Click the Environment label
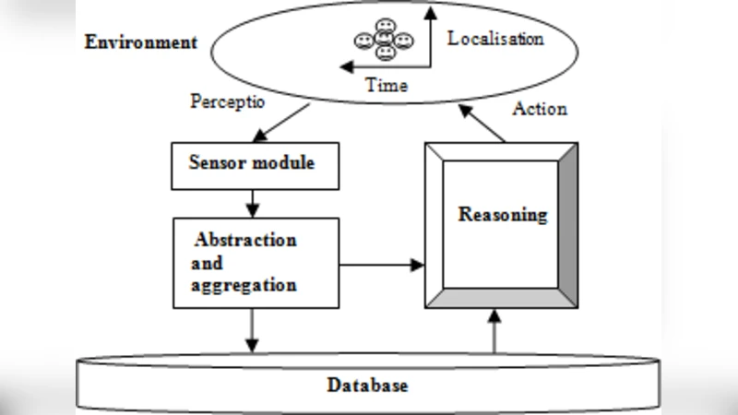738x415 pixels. coord(140,42)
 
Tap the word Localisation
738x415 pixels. coord(495,40)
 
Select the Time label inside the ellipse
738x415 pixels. coord(387,84)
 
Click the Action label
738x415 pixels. coord(539,109)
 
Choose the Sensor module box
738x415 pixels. coord(252,165)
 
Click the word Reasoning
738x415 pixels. coord(503,215)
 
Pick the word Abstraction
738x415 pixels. coord(245,240)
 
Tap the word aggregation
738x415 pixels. coord(244,285)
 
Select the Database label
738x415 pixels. coord(367,385)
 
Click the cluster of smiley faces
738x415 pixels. coord(384,41)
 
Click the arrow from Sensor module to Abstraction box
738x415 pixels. coord(252,201)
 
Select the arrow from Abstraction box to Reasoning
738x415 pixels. coord(382,266)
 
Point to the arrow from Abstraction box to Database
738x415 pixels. coord(252,330)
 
